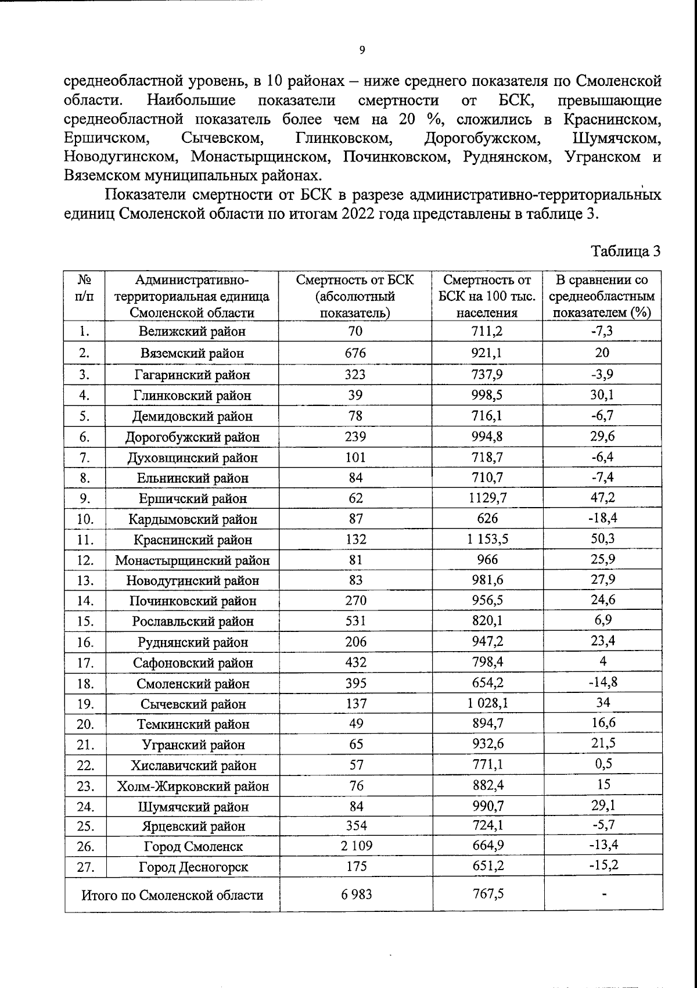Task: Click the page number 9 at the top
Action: [x=362, y=51]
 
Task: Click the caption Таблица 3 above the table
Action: [x=626, y=252]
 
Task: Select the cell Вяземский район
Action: [x=192, y=353]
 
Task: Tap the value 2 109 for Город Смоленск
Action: [x=355, y=846]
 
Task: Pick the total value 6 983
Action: [x=355, y=894]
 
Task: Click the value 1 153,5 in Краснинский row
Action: [x=487, y=539]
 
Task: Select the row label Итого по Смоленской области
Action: [x=172, y=895]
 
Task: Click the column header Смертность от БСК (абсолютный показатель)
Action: [x=355, y=296]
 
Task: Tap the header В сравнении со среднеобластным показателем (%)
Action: [x=602, y=296]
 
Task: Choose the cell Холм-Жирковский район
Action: [x=192, y=786]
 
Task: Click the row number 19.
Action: [x=85, y=704]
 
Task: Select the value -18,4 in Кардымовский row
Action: [x=602, y=518]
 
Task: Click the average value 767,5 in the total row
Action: [x=487, y=894]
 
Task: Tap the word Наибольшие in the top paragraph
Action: [x=191, y=100]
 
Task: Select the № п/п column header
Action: [x=85, y=288]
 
